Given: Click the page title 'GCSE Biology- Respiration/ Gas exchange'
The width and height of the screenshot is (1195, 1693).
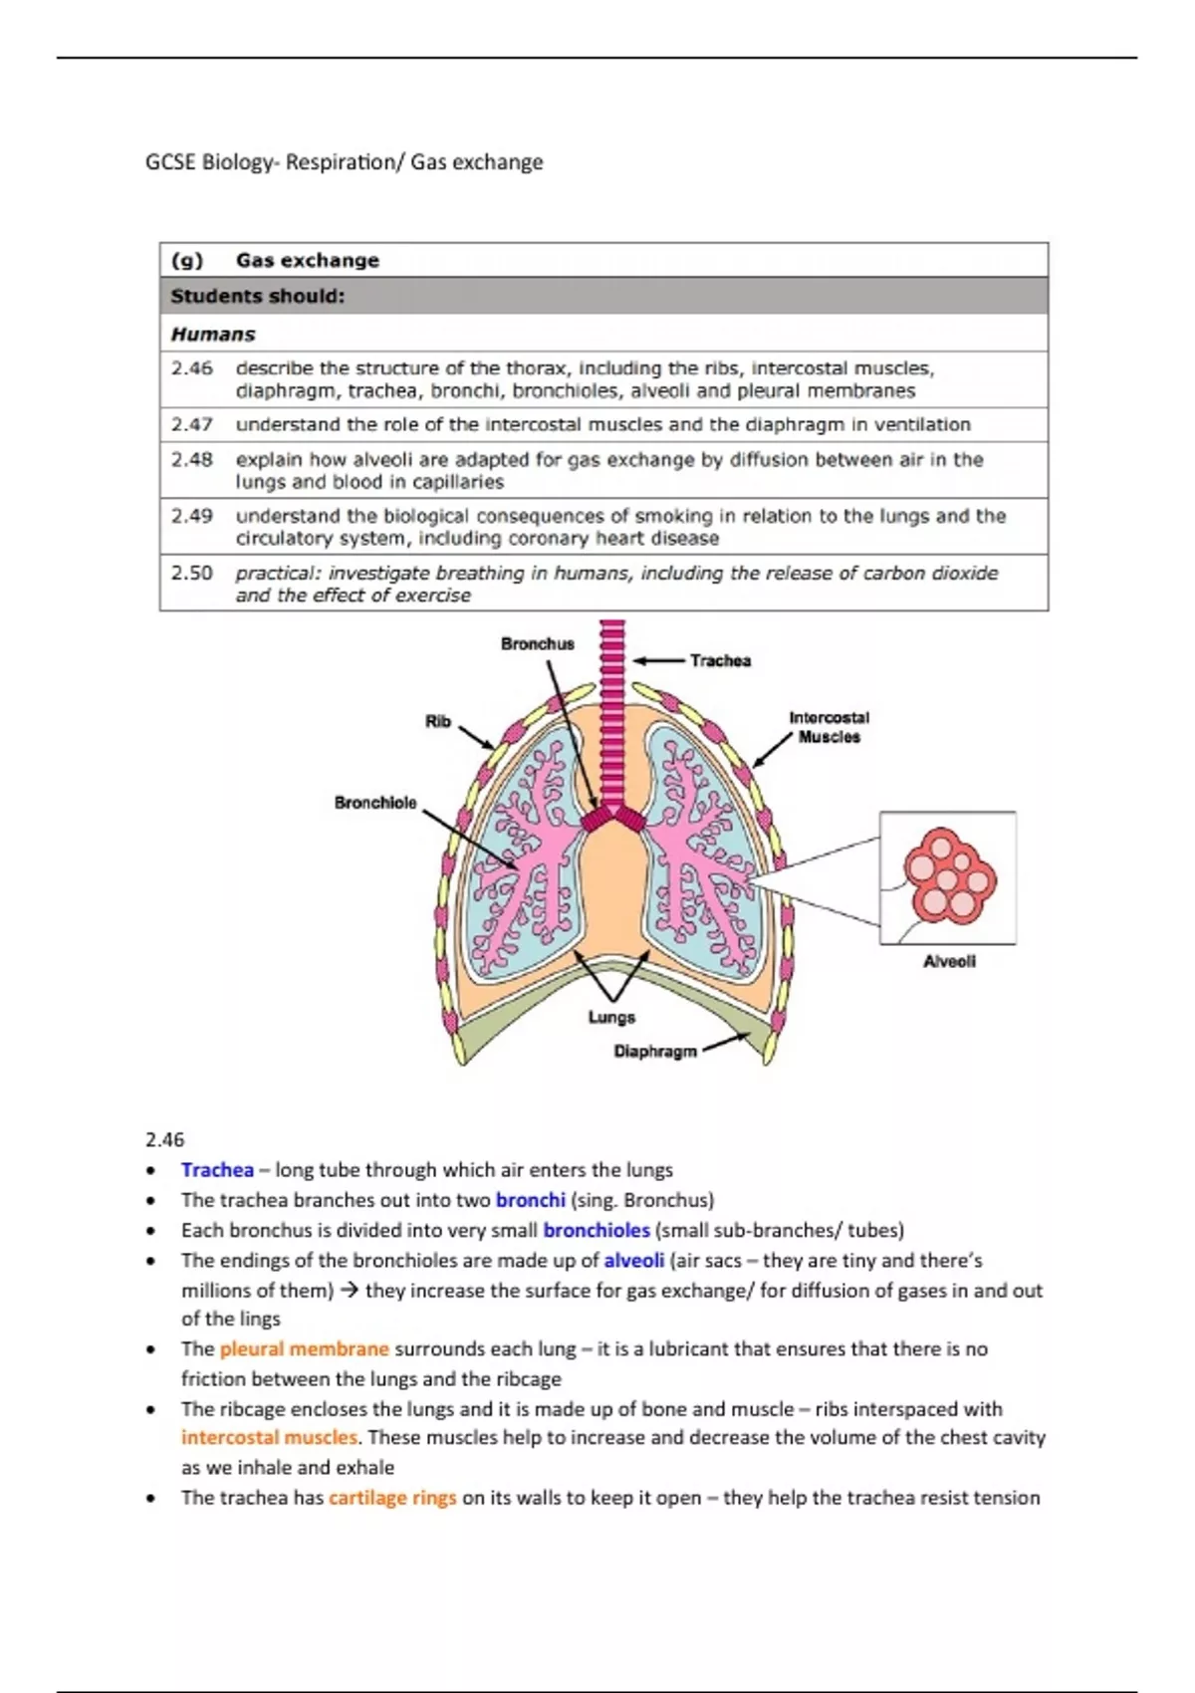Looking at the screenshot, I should point(344,162).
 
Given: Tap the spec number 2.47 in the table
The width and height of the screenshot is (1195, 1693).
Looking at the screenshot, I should point(191,424).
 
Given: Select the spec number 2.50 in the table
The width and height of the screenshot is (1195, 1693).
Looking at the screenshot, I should point(191,573).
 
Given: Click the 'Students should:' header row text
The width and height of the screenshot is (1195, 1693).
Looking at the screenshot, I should point(258,296).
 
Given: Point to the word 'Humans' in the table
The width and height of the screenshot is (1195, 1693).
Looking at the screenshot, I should point(213,334).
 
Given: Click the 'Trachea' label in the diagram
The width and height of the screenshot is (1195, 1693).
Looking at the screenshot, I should point(720,660).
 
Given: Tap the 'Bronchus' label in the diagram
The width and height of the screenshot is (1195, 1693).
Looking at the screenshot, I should point(537,644).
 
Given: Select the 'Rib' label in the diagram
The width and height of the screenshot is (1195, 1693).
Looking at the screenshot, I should point(438,721).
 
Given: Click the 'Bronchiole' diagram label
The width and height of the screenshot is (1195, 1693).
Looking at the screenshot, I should point(375,803).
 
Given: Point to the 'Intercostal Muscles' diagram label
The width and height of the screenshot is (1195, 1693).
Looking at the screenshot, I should point(829,727).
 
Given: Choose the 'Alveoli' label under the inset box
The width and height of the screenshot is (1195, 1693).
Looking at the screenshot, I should point(949,961).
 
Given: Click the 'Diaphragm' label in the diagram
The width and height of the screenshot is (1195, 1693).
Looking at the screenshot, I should point(654,1052).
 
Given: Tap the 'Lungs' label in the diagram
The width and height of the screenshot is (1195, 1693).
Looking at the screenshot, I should point(611,1017).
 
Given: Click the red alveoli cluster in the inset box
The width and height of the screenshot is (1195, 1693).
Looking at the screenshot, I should point(947,876).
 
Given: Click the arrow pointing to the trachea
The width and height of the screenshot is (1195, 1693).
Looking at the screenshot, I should point(658,660).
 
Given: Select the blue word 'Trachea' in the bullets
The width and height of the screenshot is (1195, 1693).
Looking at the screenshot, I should point(217,1170).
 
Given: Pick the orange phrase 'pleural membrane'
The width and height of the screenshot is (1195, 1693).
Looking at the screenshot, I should point(304,1348).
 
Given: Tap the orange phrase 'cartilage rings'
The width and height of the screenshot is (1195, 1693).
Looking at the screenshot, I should point(392,1498).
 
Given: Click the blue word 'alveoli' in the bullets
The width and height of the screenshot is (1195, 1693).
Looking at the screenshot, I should point(633,1260).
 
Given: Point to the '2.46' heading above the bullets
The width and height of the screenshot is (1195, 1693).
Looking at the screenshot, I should point(164,1139).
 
